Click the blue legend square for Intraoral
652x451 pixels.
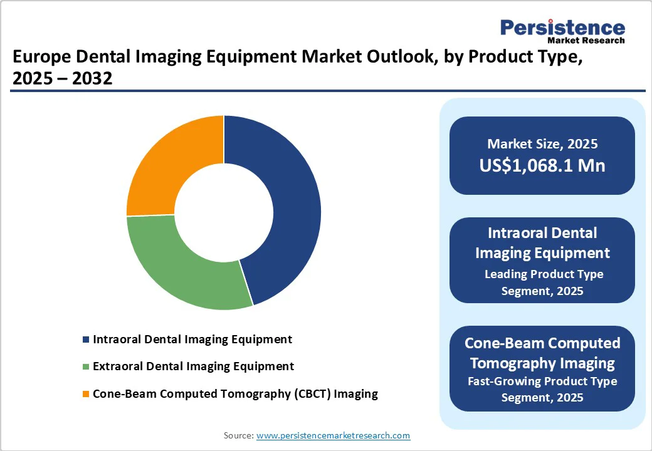(86, 340)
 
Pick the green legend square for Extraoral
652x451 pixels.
(86, 367)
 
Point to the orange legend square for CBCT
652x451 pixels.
(86, 395)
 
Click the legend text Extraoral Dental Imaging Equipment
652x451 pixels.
(193, 366)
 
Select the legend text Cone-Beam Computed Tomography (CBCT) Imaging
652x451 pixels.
(235, 394)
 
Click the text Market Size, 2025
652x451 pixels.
(542, 144)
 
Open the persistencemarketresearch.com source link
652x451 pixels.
(333, 435)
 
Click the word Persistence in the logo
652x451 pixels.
(562, 28)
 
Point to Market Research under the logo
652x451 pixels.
(586, 41)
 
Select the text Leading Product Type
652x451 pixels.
(544, 274)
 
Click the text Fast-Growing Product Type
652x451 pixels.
(543, 381)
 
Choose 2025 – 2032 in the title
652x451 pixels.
(62, 79)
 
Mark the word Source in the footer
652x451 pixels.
(238, 435)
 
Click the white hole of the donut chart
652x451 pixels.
(224, 213)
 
